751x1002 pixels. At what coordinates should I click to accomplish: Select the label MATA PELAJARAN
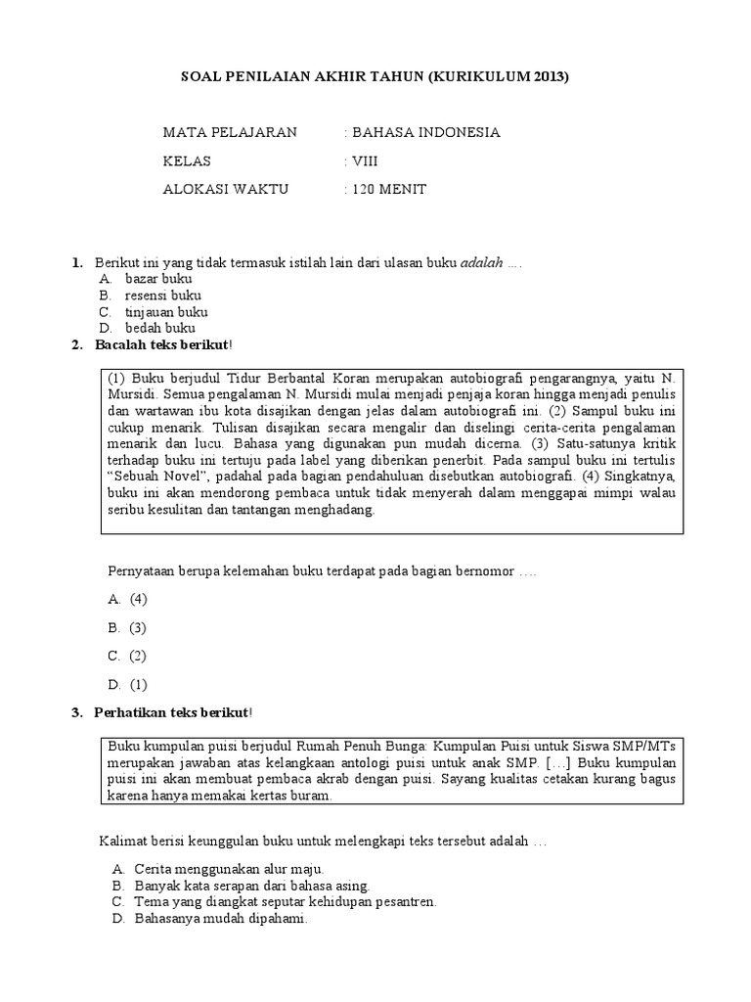(x=229, y=133)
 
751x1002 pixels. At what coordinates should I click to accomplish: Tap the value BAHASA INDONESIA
(x=425, y=133)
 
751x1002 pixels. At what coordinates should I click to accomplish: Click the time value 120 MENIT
(x=389, y=190)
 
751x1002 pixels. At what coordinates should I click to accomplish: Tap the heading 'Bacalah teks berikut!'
(x=163, y=345)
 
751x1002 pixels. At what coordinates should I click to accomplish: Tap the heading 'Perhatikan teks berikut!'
(x=173, y=711)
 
